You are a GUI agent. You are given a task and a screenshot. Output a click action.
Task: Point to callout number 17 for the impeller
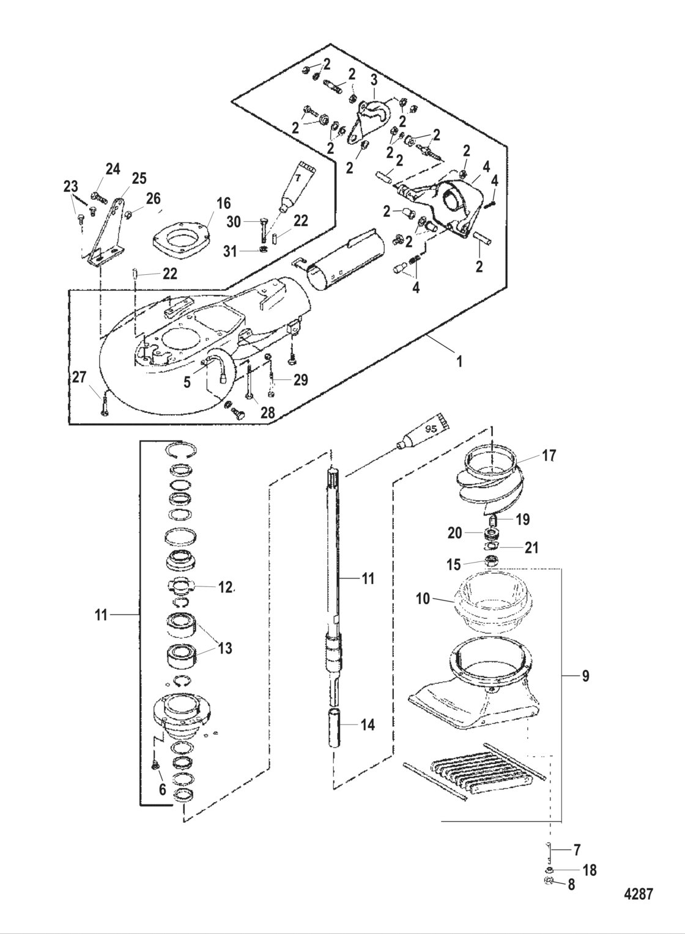(549, 456)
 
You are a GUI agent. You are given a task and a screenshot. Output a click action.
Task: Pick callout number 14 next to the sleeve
(368, 724)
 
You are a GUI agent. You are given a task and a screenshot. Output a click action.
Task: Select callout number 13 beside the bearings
(226, 648)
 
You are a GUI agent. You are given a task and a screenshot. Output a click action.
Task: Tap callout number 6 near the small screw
(163, 789)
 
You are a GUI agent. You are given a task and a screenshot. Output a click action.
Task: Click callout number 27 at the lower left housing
(80, 378)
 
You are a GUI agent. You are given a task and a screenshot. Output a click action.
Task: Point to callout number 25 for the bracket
(139, 178)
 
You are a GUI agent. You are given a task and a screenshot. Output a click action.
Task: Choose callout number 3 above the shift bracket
(374, 80)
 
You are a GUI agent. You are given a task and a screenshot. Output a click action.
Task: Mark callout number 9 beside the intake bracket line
(585, 676)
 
